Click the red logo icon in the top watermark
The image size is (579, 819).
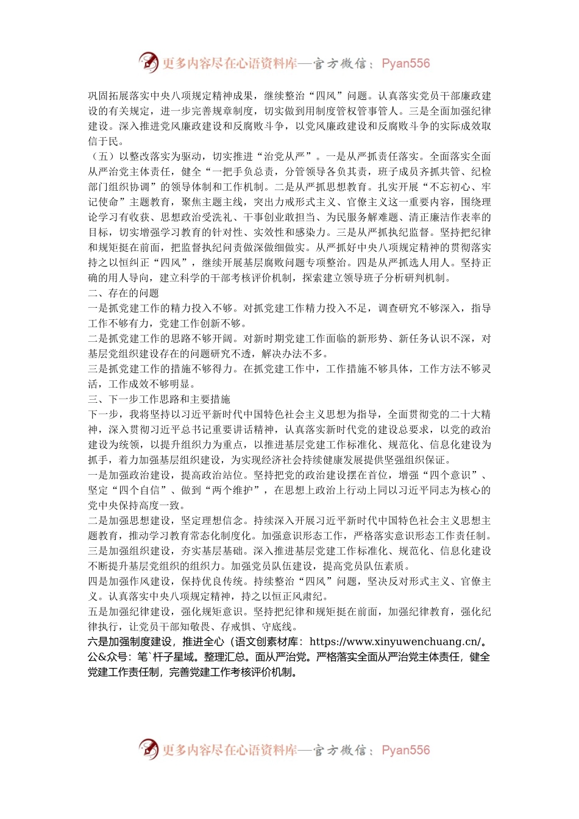[148, 62]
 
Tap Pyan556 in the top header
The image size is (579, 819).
[405, 63]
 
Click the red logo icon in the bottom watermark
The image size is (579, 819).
[148, 749]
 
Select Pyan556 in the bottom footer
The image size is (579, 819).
[405, 750]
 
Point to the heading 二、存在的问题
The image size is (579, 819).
[124, 293]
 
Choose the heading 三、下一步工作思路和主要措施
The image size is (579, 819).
[159, 399]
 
